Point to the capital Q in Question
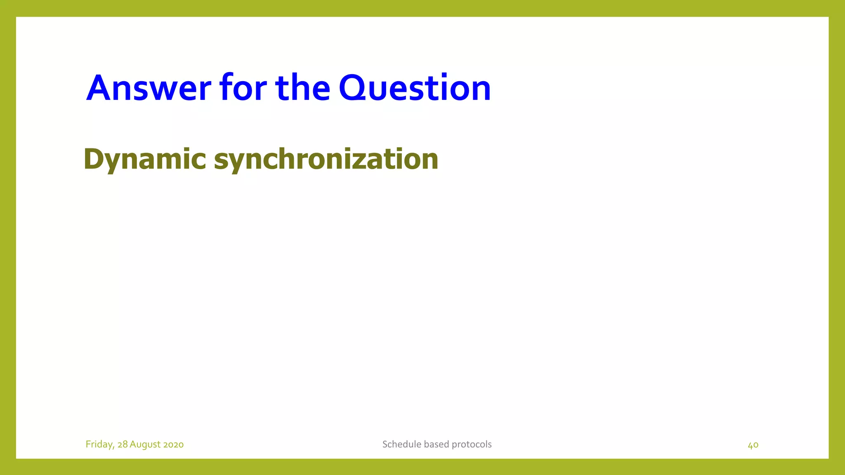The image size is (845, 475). click(355, 89)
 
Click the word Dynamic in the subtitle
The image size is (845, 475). click(144, 159)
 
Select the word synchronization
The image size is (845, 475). click(326, 159)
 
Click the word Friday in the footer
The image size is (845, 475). click(99, 444)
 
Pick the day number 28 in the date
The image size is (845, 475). click(123, 444)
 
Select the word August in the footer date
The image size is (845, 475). click(145, 444)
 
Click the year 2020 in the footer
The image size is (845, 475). click(173, 444)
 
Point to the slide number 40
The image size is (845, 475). click(753, 445)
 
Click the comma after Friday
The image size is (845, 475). click(113, 447)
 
